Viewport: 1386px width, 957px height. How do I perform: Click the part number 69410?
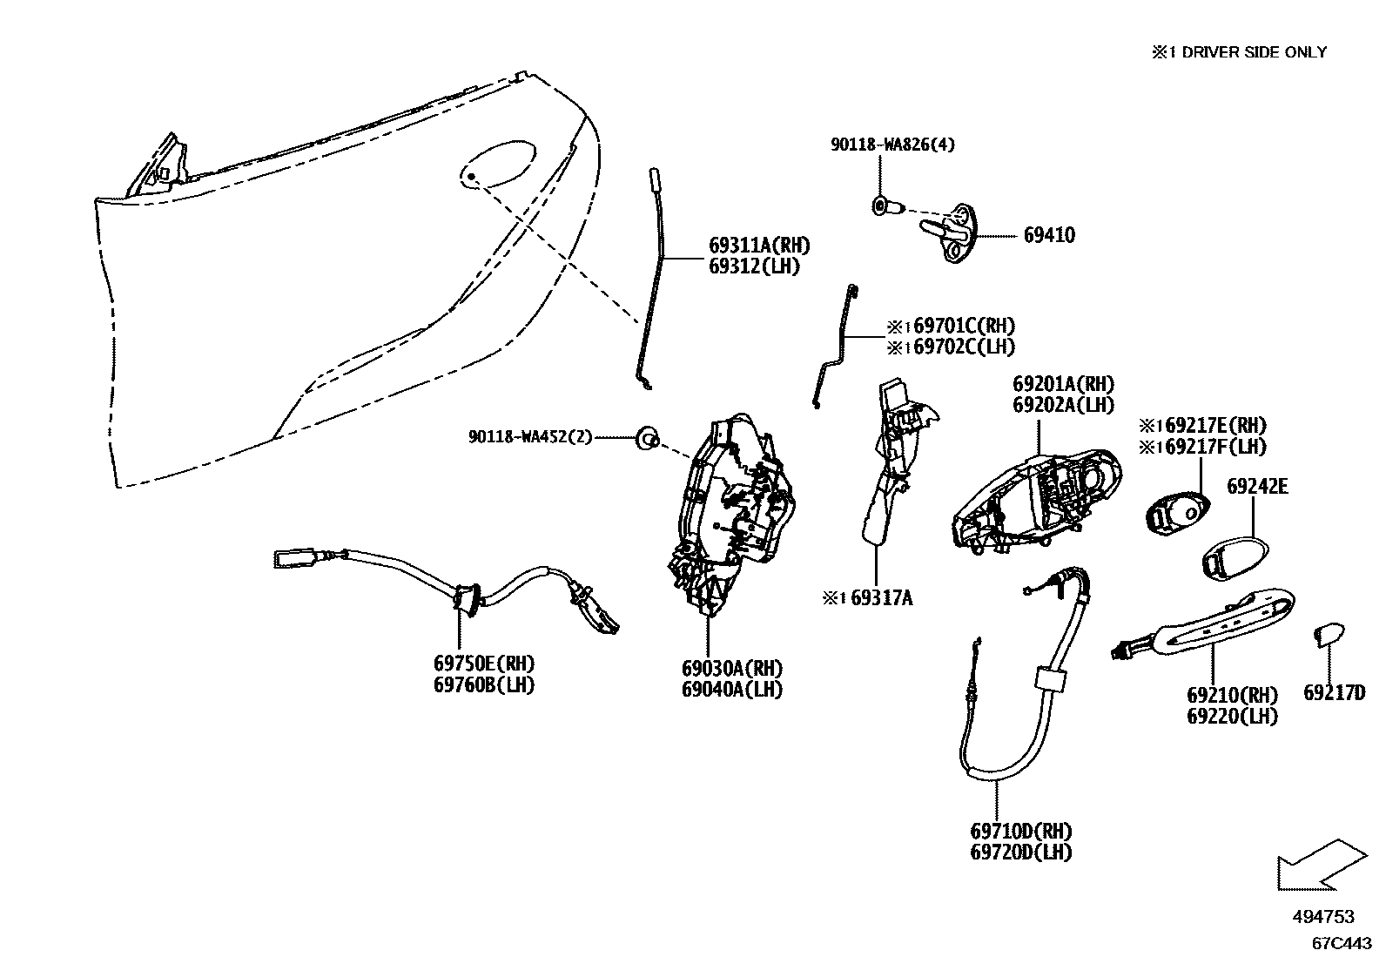click(1048, 235)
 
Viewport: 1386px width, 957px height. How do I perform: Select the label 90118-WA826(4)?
click(891, 145)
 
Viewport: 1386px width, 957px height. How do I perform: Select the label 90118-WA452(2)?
click(530, 437)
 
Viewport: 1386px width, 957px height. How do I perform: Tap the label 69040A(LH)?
click(731, 690)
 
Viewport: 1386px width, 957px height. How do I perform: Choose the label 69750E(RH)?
click(483, 664)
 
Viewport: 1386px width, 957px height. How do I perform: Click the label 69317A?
click(881, 598)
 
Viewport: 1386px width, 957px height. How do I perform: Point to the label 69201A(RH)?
click(1063, 384)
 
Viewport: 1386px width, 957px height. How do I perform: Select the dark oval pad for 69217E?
click(1175, 512)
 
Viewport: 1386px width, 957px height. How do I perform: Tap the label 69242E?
click(1257, 486)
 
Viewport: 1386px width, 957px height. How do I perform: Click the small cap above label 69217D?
click(1326, 636)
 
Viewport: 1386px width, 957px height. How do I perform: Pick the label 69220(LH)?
click(1232, 717)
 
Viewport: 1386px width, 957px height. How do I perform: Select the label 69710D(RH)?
click(1020, 832)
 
